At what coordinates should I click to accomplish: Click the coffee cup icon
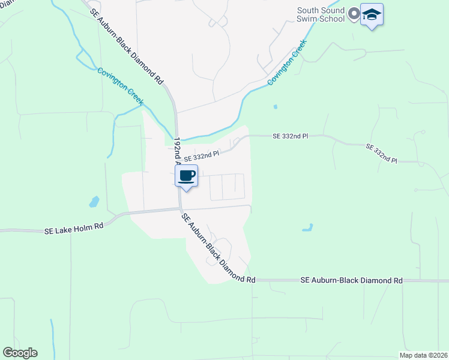point(186,176)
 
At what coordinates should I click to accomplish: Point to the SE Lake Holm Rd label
point(74,228)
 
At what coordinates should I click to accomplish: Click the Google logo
point(20,353)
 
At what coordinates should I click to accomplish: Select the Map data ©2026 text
point(423,355)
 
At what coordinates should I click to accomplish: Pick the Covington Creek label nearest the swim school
point(287,62)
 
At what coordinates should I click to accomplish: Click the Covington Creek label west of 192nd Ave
point(120,87)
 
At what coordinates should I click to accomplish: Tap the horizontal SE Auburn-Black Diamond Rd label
point(351,280)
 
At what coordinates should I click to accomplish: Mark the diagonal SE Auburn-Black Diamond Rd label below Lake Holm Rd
point(218,248)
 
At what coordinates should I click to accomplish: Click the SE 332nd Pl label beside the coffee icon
point(202,155)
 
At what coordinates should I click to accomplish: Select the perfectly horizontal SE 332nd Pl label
point(290,136)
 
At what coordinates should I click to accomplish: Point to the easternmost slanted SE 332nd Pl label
point(381,154)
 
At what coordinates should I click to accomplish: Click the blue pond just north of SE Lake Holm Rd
point(94,201)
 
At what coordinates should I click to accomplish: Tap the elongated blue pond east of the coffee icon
point(307,227)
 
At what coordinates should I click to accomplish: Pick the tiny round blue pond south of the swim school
point(276,107)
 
